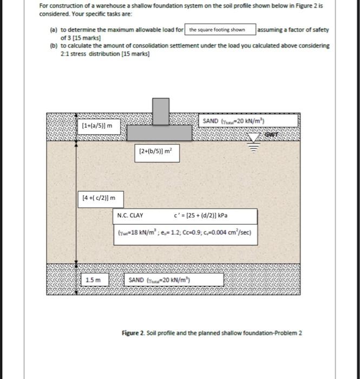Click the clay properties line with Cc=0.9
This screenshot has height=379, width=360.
point(184,234)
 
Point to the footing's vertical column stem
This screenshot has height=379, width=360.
point(160,111)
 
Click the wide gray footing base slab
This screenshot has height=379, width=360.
point(159,132)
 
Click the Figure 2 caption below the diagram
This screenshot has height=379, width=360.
point(212,332)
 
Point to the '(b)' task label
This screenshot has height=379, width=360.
point(53,46)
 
